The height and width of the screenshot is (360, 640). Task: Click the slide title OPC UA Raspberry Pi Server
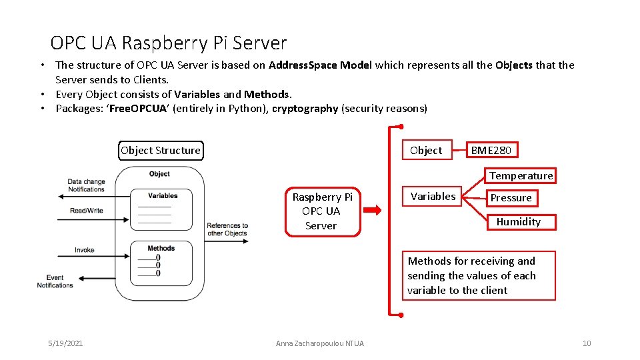tap(168, 43)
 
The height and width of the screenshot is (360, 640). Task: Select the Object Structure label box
tap(160, 150)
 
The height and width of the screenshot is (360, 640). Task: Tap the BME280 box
tap(491, 150)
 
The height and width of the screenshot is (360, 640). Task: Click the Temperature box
tap(521, 175)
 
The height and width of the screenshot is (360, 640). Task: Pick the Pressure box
tap(511, 198)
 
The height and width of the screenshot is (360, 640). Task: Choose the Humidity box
tap(519, 221)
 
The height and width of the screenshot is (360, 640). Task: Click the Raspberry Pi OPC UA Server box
tap(322, 211)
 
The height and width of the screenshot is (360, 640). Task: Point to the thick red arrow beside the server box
tap(372, 211)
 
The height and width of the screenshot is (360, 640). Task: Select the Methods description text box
tap(478, 276)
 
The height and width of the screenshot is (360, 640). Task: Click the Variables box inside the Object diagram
tap(162, 209)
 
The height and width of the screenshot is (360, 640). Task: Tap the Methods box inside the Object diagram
tap(161, 262)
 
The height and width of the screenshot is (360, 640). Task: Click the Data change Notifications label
tap(86, 185)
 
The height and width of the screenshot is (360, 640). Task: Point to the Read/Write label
tap(87, 211)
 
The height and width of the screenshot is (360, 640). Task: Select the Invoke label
tap(85, 250)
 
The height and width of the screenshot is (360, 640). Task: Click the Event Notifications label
tap(55, 281)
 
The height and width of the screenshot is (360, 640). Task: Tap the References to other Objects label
tap(227, 229)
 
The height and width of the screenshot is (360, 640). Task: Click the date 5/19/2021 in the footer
tap(65, 343)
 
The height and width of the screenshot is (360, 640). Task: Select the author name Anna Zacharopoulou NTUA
tap(320, 343)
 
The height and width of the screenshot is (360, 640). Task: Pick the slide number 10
tap(586, 343)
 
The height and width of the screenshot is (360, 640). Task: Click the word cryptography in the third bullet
tap(305, 109)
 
